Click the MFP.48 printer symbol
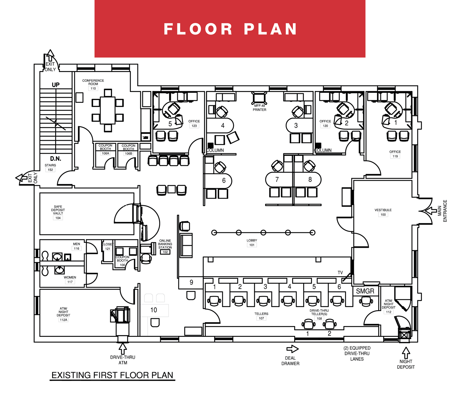259,98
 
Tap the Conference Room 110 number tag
93,88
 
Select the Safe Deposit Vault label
58,210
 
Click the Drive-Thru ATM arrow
123,349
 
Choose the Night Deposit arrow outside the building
406,353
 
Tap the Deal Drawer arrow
292,349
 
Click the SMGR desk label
365,291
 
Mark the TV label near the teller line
340,272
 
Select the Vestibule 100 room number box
383,215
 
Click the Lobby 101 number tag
252,245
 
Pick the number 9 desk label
191,282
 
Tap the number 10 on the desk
154,310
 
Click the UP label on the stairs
56,85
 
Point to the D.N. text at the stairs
56,159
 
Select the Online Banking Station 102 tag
165,252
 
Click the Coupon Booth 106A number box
105,153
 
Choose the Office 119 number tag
395,156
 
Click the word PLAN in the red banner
270,29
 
